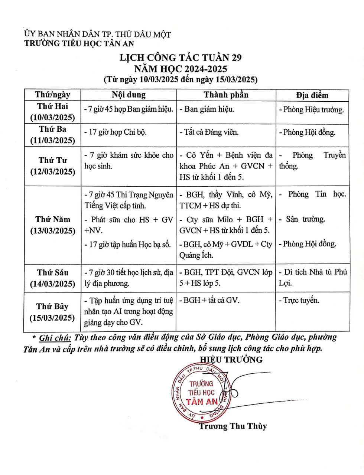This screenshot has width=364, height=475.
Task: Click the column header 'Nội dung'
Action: [129, 95]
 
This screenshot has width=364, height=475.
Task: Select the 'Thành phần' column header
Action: [226, 95]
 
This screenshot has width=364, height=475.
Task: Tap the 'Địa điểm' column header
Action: [312, 95]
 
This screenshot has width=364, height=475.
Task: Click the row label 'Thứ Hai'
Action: [52, 106]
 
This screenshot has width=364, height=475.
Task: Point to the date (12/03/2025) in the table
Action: [53, 172]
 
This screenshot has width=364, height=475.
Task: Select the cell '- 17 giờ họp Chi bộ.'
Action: [116, 132]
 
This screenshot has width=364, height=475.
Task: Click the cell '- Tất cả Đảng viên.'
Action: [209, 132]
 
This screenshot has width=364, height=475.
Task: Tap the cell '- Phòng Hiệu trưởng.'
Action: [311, 110]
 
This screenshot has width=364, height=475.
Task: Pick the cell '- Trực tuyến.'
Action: [299, 300]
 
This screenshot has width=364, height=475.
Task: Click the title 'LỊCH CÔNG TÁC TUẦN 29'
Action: [181, 58]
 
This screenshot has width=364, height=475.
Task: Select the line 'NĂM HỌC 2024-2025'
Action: [181, 69]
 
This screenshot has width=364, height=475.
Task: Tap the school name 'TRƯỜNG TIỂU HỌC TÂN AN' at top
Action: [79, 43]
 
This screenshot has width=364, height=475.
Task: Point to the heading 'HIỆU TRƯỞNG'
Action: [231, 359]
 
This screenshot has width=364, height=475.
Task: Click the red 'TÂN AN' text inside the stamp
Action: [202, 402]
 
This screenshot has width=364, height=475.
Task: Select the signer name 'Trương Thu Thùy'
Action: [233, 426]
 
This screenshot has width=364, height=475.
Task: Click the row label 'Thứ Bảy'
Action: [52, 307]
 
